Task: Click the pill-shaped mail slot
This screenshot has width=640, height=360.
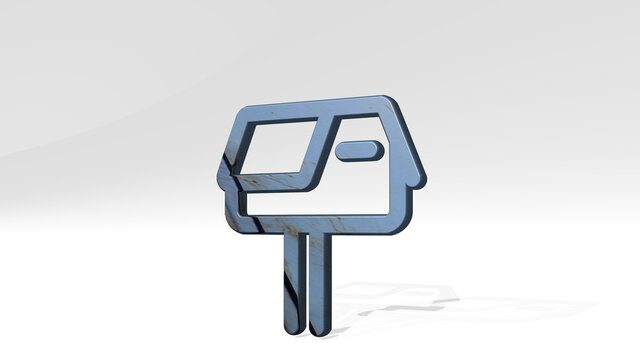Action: (x=357, y=151)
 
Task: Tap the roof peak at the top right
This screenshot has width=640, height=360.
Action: (x=384, y=101)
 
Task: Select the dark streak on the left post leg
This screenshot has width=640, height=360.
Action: (x=287, y=290)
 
